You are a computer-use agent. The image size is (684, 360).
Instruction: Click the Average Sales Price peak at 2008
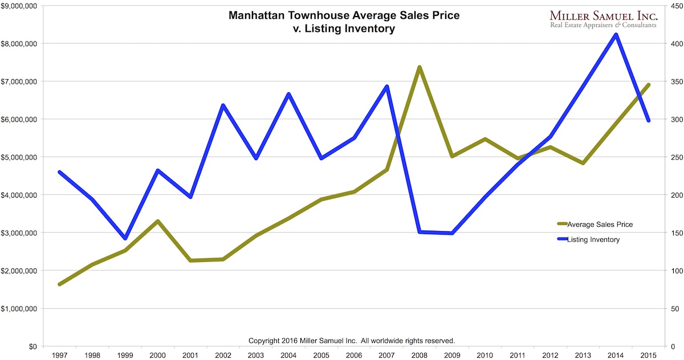click(x=419, y=67)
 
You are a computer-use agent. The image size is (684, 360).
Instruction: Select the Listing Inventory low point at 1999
click(x=125, y=238)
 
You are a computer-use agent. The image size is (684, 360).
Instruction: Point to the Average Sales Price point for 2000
click(x=157, y=221)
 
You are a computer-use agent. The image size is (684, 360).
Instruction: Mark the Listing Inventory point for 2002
click(x=223, y=105)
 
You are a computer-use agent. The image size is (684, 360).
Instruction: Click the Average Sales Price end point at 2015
click(x=648, y=85)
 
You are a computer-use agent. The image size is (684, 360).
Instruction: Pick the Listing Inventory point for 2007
click(x=386, y=87)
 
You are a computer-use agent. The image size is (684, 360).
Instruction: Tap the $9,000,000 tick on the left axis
click(x=21, y=6)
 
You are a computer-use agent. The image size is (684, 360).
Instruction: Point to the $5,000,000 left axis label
click(x=21, y=157)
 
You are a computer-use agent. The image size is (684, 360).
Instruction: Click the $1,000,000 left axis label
click(x=21, y=309)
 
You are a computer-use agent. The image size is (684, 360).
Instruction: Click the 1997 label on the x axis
click(x=59, y=355)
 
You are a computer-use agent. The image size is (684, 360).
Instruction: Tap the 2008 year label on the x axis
click(x=419, y=355)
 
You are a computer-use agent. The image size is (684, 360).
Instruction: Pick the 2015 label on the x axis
click(x=648, y=355)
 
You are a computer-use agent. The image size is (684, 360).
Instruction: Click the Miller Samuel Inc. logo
click(x=602, y=18)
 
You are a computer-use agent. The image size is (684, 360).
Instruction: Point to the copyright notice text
click(x=352, y=341)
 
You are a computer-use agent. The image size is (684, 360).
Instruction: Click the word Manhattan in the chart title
click(x=255, y=15)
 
